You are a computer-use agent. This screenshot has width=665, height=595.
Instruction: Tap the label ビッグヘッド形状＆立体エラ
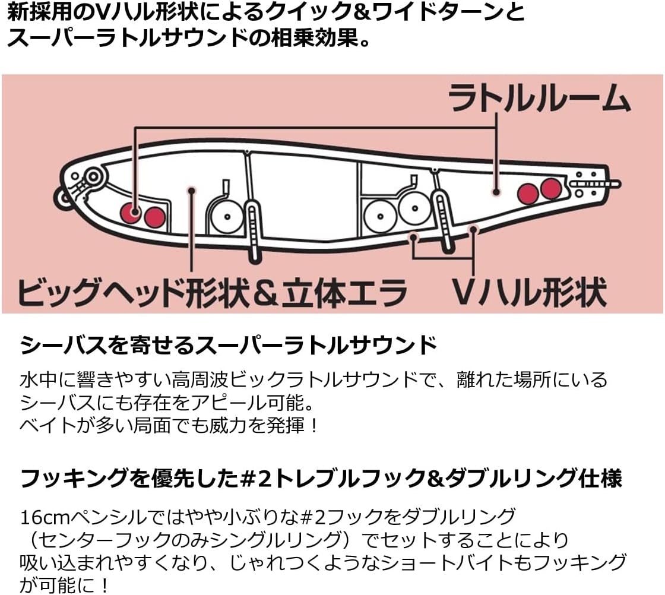pyautogui.click(x=212, y=292)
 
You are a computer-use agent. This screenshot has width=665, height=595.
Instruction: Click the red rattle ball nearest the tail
pyautogui.click(x=550, y=188)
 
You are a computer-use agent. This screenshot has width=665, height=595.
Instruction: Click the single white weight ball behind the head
pyautogui.click(x=226, y=216)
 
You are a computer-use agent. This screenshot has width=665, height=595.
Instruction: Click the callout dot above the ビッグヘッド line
pyautogui.click(x=191, y=190)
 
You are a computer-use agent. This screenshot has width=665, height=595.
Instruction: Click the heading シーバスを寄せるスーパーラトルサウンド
pyautogui.click(x=229, y=345)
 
